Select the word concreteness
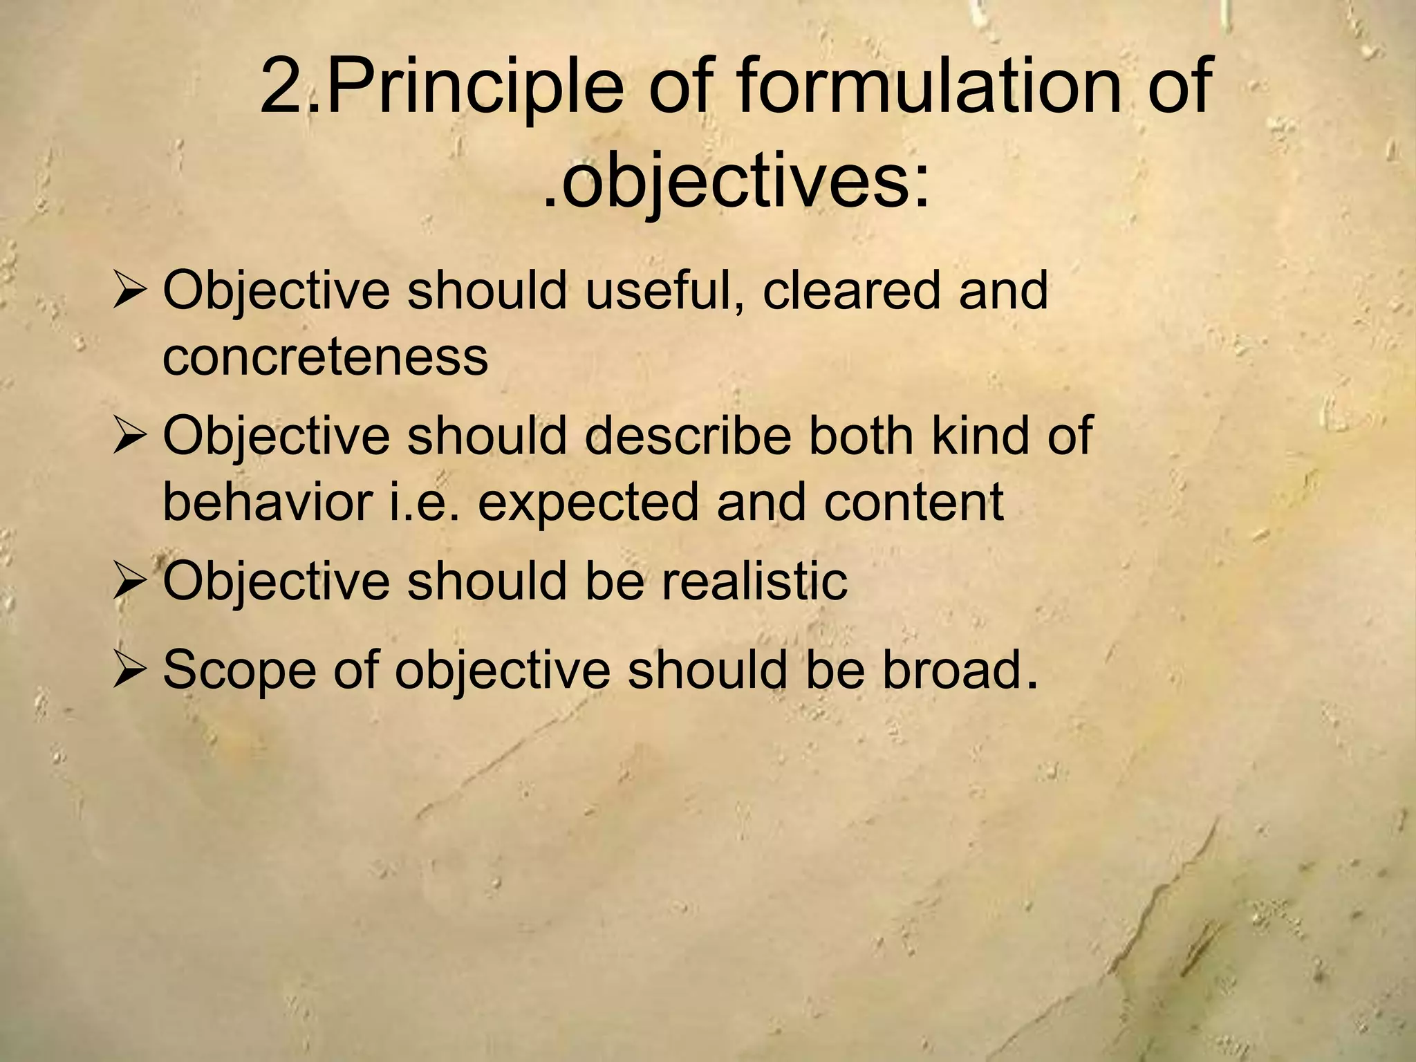coord(325,357)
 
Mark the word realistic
coord(754,581)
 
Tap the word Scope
coord(239,671)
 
